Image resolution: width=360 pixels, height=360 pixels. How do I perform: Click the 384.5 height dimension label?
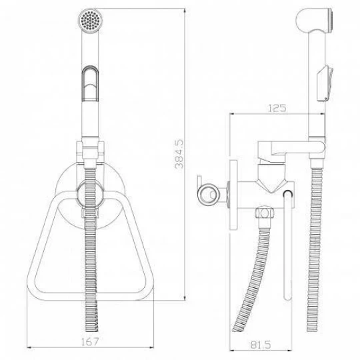coord(179,154)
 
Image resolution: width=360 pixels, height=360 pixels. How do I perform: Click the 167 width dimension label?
coord(90,342)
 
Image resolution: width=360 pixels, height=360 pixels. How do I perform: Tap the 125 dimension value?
coord(277,108)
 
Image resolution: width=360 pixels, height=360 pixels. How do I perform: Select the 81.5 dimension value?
coord(260,345)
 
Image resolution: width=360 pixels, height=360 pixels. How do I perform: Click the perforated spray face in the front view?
coord(90,20)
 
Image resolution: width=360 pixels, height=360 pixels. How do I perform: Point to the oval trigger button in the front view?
coord(90,83)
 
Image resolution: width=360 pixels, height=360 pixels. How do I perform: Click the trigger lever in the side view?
coord(325,83)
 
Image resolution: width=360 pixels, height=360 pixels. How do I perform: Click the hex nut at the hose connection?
coord(265,213)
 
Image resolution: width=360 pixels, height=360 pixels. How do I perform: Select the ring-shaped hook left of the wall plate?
coord(208,195)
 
